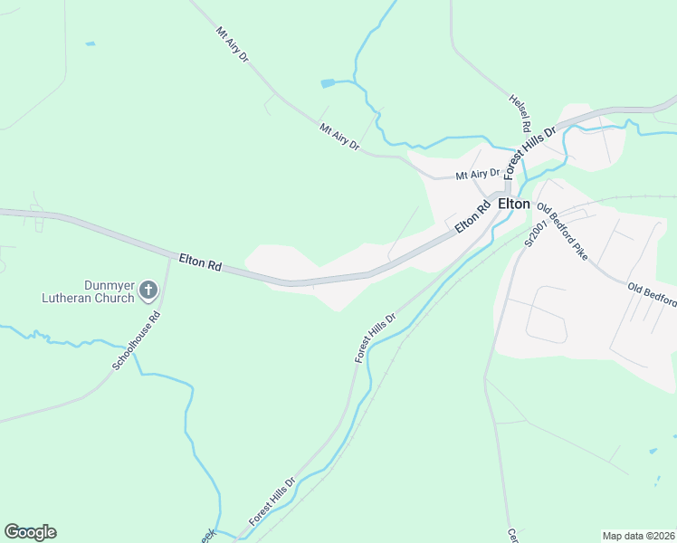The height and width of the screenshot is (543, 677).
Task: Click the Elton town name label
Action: [513, 205]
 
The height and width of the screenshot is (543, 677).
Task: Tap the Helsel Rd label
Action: [520, 112]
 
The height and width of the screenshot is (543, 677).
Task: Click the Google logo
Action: [30, 532]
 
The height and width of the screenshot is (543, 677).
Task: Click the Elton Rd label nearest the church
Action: [200, 263]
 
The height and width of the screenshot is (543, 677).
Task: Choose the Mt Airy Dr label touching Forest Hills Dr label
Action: [478, 174]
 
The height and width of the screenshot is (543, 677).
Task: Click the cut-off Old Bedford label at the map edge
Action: [653, 294]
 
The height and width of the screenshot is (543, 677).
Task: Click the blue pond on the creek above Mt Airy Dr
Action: [328, 83]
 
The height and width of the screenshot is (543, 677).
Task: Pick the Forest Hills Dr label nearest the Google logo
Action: [272, 502]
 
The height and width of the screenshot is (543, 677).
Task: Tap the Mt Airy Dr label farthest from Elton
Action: [233, 44]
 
